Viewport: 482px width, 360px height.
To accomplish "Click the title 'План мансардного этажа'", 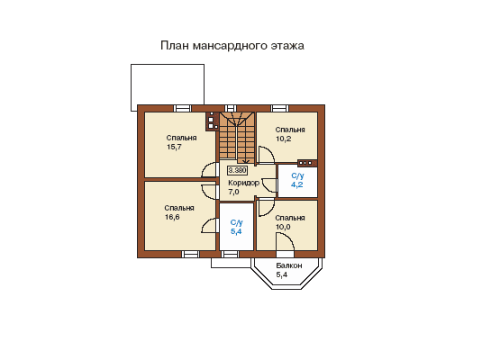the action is click(232, 46).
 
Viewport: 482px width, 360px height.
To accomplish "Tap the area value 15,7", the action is click(174, 147).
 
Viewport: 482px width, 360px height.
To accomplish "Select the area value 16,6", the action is click(172, 217).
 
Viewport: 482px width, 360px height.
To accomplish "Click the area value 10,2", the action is click(284, 139).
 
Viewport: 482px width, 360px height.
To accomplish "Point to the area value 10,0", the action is click(283, 227).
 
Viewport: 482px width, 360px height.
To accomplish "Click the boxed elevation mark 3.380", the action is click(237, 170).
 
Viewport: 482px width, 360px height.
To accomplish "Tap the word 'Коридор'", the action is click(244, 183).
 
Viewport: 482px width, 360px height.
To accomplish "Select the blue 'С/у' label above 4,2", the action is click(297, 176).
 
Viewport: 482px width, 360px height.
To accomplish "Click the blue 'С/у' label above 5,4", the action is click(237, 222).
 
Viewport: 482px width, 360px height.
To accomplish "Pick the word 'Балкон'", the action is click(289, 265).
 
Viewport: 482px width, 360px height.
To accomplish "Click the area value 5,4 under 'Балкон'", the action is click(282, 274).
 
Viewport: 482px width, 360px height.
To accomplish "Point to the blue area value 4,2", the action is click(297, 184).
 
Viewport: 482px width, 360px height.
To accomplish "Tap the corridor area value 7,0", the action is click(233, 192).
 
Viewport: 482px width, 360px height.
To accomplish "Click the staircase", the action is click(237, 138).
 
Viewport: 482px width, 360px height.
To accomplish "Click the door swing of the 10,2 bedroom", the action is click(266, 155).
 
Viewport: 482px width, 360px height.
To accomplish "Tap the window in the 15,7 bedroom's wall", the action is click(183, 108).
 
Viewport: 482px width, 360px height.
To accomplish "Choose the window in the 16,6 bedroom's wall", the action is click(190, 254).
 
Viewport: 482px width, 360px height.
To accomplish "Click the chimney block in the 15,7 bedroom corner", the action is click(212, 121).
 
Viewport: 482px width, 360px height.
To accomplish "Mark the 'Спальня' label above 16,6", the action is click(179, 208).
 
